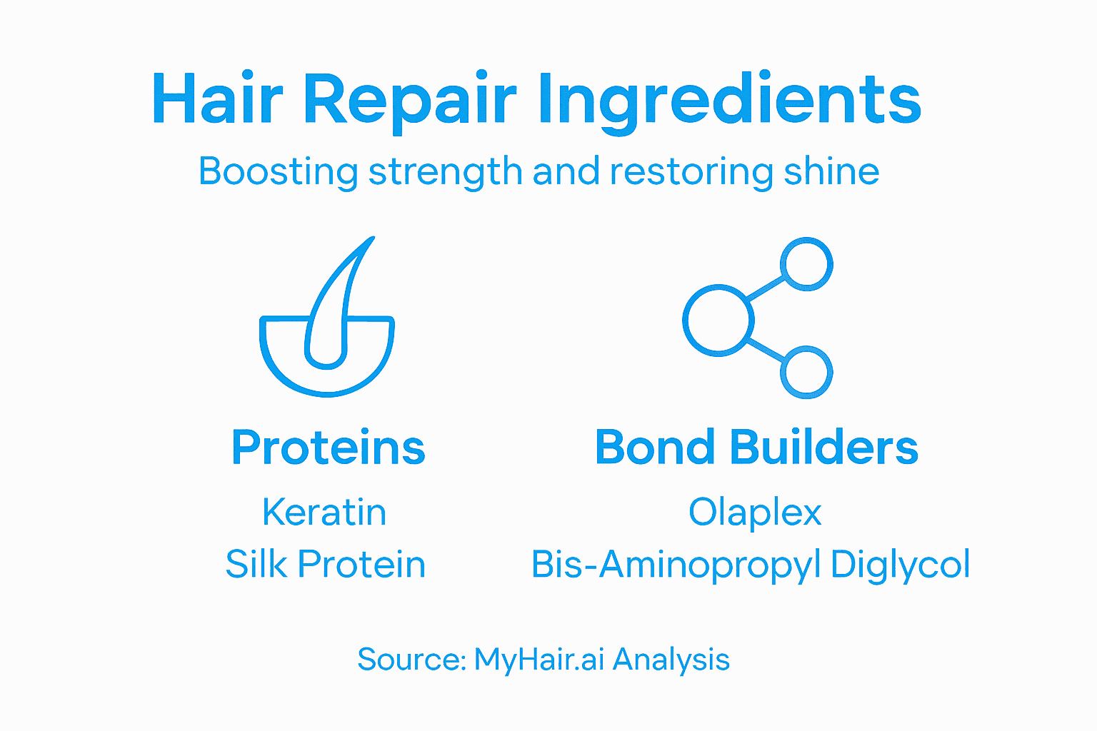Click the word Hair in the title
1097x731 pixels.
(x=217, y=99)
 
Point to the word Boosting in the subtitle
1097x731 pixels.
(x=278, y=172)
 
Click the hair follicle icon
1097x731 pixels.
(x=327, y=336)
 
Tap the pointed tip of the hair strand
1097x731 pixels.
(x=371, y=241)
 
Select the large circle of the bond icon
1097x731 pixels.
(x=718, y=321)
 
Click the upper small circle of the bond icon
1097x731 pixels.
(x=807, y=263)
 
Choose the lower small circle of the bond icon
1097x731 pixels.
(x=807, y=373)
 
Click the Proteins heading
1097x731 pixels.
(x=329, y=448)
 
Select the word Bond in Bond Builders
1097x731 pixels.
(x=655, y=448)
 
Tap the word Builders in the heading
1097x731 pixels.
(x=823, y=448)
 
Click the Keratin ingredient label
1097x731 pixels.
(x=325, y=512)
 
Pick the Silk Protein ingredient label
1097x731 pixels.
(x=326, y=565)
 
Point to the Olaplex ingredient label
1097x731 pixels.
(x=755, y=513)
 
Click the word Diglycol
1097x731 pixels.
(x=900, y=565)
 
